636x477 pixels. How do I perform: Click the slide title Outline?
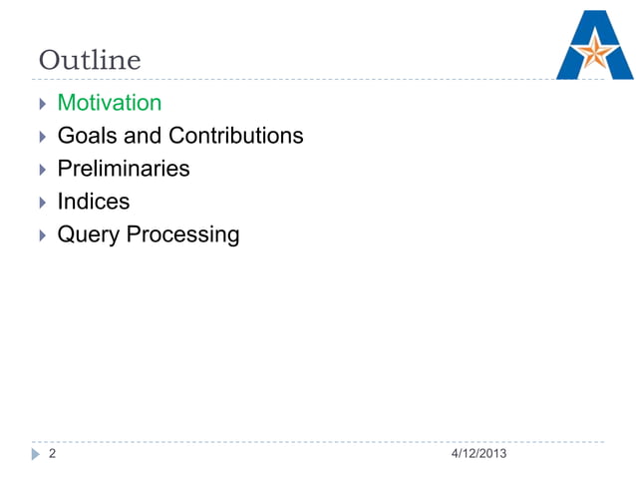tap(90, 61)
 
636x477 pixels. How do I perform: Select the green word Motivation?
tap(110, 103)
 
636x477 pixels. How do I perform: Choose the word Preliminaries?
tap(124, 169)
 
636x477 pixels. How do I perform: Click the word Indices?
tap(94, 202)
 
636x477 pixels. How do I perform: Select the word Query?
tap(89, 236)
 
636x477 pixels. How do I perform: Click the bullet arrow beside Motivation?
tap(41, 104)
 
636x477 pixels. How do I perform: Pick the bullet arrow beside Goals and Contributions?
tap(41, 137)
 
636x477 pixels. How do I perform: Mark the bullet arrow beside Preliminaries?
tap(41, 170)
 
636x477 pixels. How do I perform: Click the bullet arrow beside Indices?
tap(41, 203)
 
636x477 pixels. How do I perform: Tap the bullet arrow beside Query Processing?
tap(41, 236)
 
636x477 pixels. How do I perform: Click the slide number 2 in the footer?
tap(53, 455)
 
